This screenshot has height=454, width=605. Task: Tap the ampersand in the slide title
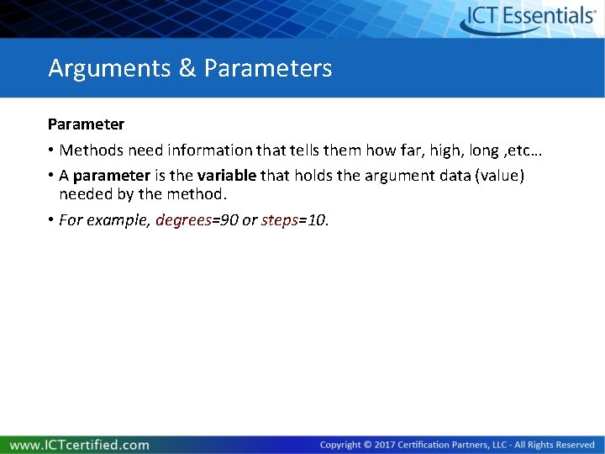(187, 68)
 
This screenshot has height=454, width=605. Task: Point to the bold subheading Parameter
(86, 124)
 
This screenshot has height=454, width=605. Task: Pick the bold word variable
(227, 176)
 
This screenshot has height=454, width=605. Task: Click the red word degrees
(183, 220)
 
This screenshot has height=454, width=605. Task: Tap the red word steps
(280, 220)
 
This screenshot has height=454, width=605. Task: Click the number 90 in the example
(229, 220)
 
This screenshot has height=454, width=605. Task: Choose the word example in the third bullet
(118, 220)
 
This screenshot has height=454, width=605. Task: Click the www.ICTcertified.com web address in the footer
(80, 445)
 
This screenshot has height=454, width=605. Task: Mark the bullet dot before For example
(51, 220)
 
